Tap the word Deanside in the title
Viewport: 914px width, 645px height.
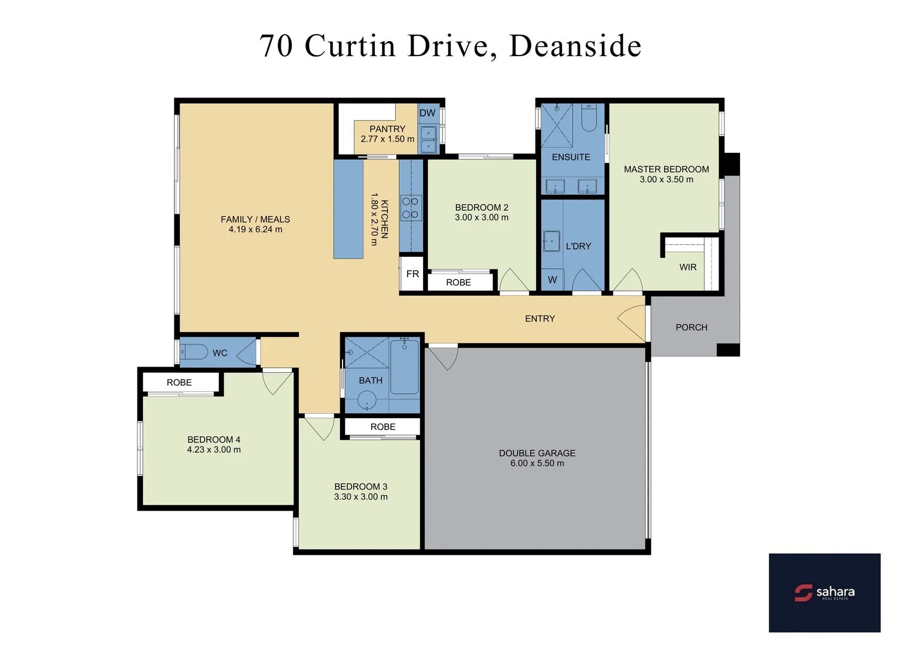(x=575, y=46)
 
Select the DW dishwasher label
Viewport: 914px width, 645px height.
(x=427, y=113)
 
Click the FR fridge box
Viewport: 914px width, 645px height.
(x=412, y=274)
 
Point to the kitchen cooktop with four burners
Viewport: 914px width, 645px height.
(x=411, y=208)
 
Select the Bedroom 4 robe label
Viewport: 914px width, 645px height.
(x=179, y=383)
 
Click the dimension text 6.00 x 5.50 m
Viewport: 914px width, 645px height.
(x=537, y=463)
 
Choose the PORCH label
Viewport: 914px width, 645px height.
(x=691, y=327)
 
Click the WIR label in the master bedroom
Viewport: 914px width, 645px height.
(x=687, y=267)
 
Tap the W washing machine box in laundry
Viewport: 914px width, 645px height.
(x=552, y=279)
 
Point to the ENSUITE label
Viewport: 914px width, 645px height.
(x=571, y=157)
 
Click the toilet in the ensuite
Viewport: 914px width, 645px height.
(x=589, y=118)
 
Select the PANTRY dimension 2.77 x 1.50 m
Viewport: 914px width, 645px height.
(x=387, y=139)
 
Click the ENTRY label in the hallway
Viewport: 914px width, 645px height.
(x=540, y=319)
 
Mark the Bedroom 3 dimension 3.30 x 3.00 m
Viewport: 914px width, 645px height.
(x=360, y=497)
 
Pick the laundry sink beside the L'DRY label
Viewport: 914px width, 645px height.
(x=551, y=242)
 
